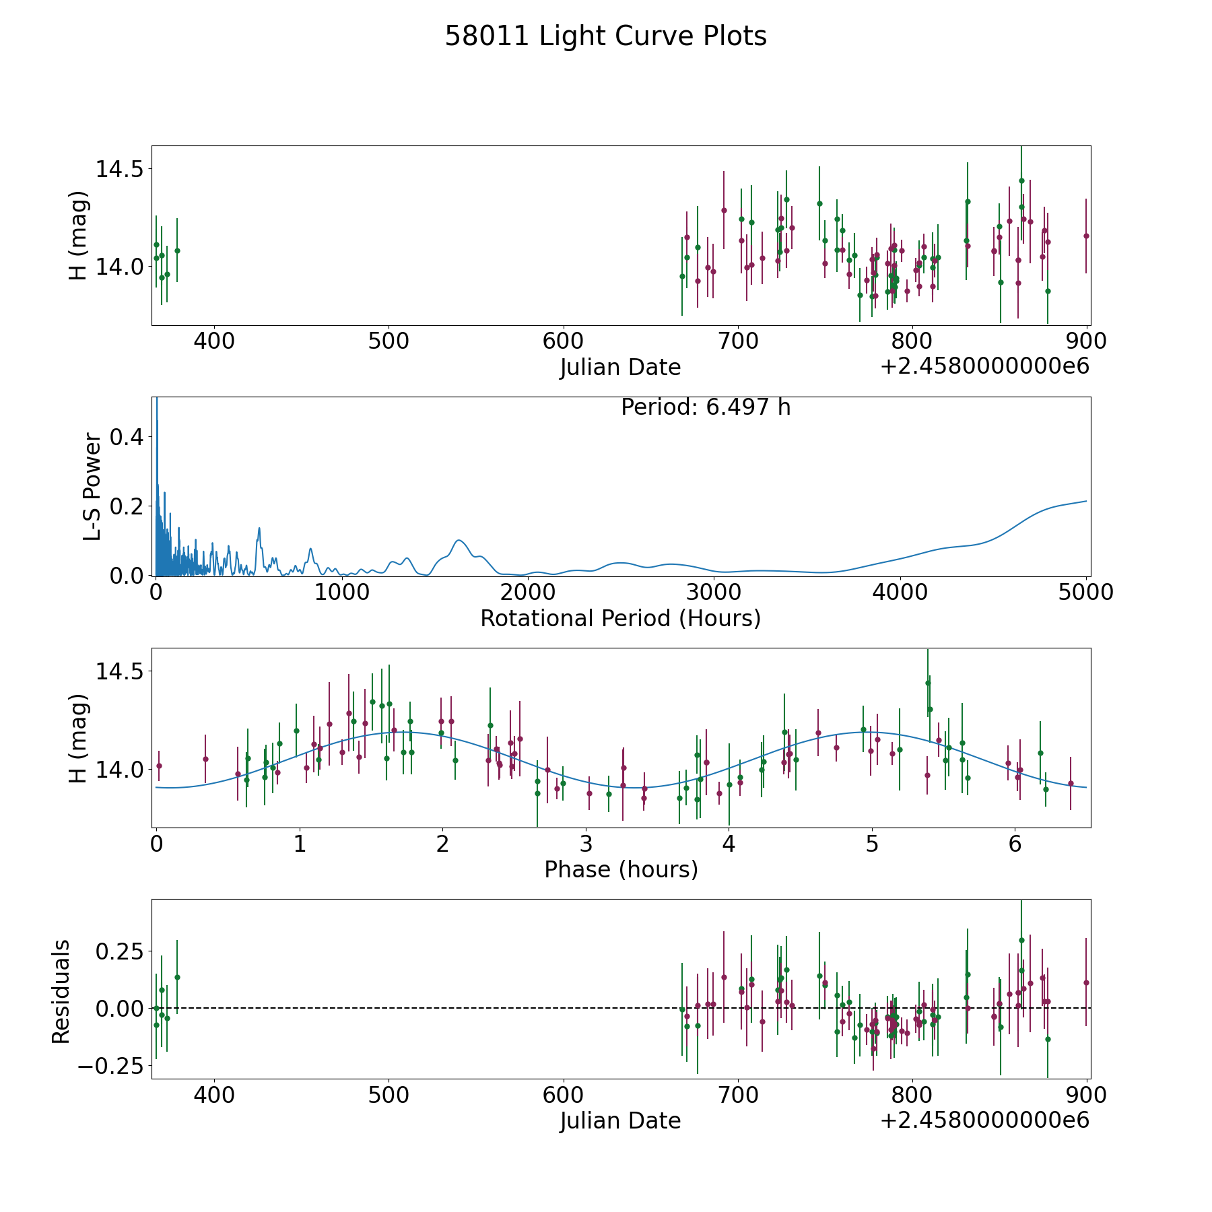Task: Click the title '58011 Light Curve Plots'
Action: click(x=605, y=36)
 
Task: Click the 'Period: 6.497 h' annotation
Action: click(x=706, y=407)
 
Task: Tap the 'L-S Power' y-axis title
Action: click(x=92, y=487)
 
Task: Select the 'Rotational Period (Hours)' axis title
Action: click(x=620, y=618)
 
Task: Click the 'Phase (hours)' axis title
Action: click(x=621, y=869)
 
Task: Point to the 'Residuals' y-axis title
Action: click(x=61, y=992)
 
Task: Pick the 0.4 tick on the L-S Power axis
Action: click(x=128, y=437)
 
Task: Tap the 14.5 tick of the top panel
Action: click(x=119, y=169)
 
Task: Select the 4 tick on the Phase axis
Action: click(x=729, y=844)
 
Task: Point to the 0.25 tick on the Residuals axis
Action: click(x=119, y=951)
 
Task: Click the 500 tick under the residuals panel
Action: click(x=389, y=1096)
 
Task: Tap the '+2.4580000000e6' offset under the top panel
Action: click(x=984, y=366)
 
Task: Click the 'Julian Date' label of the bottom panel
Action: click(x=620, y=1120)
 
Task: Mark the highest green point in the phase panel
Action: click(x=928, y=683)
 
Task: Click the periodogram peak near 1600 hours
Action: click(x=459, y=540)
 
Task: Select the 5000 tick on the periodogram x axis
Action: click(x=1086, y=593)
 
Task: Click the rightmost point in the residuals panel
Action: click(x=1086, y=982)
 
